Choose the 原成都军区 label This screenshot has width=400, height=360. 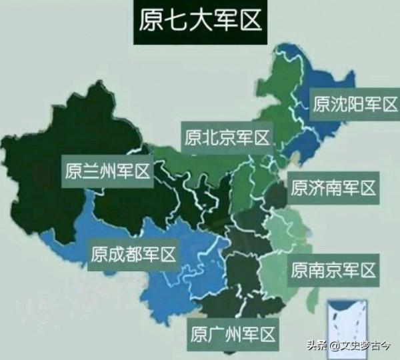133,254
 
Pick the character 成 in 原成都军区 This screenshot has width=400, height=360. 117,254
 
